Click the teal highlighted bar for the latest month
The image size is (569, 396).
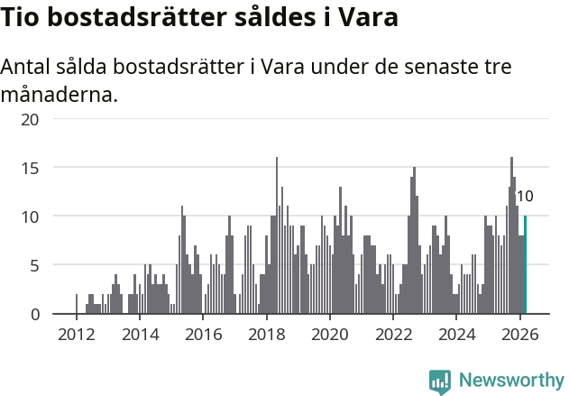click(525, 265)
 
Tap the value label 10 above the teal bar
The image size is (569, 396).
click(525, 197)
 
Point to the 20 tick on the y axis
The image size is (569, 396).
click(31, 119)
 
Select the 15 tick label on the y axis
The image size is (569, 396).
click(31, 168)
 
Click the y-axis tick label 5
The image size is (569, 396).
click(34, 265)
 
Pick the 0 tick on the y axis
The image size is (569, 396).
click(34, 314)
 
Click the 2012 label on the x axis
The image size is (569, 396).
click(76, 335)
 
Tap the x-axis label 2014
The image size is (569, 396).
click(139, 335)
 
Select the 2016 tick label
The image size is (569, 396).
click(203, 335)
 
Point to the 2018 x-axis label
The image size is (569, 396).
click(266, 335)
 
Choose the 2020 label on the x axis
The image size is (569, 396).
click(329, 335)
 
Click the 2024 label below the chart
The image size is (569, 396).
click(456, 335)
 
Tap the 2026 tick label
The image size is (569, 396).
click(519, 335)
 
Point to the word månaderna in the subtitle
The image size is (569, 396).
click(60, 94)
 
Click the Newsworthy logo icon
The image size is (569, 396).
click(440, 381)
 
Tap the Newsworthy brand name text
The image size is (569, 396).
click(510, 381)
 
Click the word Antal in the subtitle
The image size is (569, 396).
click(27, 68)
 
